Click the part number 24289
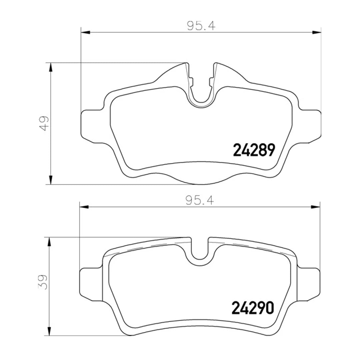(254, 150)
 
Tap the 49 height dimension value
(44, 123)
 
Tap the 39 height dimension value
(43, 282)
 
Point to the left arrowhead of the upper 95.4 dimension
(86, 32)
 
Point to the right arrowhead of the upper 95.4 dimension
(317, 32)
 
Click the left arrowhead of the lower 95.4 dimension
(84, 207)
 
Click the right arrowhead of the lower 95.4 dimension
(315, 207)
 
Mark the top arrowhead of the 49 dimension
(51, 68)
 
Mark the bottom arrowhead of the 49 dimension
(51, 179)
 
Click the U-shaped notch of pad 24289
(201, 97)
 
